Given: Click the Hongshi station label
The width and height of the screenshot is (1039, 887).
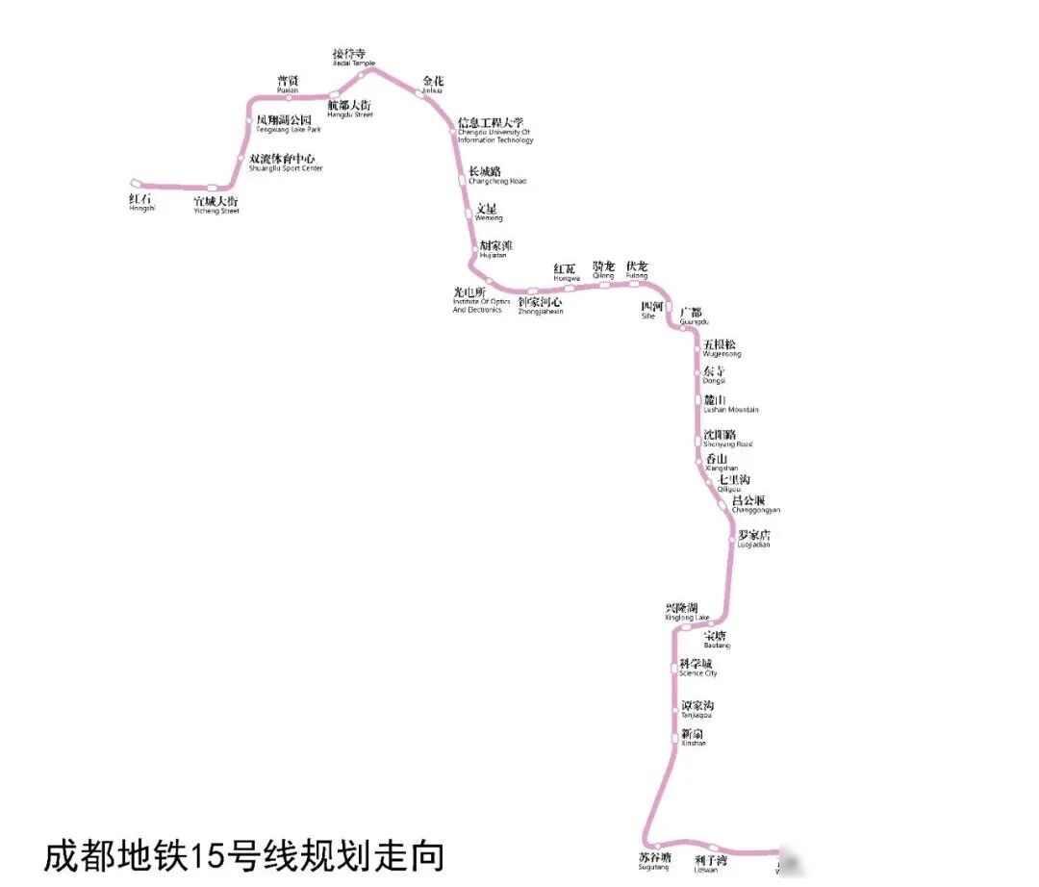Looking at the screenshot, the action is coord(141,202).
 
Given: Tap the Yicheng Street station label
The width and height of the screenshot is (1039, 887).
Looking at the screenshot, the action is coord(215,204).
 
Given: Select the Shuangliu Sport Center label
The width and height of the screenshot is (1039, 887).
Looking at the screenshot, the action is coord(285,162).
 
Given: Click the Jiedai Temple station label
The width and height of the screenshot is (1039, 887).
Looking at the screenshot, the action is coord(349,57).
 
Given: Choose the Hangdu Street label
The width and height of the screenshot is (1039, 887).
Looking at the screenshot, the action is coord(349,109).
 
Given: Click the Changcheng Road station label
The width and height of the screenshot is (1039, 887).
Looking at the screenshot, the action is coord(496,175).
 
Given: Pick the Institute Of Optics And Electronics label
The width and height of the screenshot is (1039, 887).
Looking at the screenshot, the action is coord(481,299).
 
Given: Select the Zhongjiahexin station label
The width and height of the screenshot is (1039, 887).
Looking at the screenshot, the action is coord(541,305).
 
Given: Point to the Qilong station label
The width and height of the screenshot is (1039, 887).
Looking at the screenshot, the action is coord(603,269).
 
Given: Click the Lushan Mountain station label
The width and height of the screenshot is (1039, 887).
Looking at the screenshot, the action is coord(730,403).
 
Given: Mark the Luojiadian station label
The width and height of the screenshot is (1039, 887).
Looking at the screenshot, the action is coord(754,538).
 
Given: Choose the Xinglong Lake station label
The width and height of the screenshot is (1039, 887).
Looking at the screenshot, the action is coord(687,611).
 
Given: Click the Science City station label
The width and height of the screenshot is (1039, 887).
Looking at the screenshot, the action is coord(697,667).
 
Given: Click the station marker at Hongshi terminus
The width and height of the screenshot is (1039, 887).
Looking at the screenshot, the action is coord(137,182).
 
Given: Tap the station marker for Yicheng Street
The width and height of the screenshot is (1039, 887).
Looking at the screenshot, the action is coord(213,188).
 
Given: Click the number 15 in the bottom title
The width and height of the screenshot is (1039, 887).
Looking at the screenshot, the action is coord(207,854).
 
